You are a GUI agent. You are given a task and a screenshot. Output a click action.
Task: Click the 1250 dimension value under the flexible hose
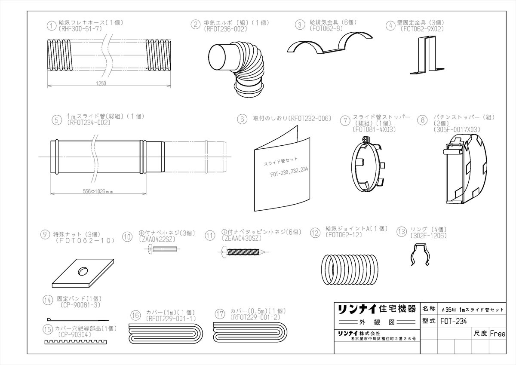(101, 83)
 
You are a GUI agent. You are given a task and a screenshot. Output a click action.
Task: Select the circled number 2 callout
(196, 24)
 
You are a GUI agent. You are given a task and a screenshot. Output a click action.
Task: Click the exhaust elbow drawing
(236, 69)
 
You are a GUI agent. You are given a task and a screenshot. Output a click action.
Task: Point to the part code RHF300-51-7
(80, 29)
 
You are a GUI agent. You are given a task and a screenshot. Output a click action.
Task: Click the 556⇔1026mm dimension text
(98, 191)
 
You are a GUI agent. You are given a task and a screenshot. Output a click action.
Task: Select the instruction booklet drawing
(282, 169)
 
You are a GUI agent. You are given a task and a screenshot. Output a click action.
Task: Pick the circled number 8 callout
(422, 120)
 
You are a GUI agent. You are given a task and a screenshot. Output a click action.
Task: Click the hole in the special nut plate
(83, 271)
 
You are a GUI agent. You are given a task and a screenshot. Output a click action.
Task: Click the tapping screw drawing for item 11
(243, 252)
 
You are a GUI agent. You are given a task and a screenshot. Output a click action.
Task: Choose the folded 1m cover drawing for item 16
(166, 333)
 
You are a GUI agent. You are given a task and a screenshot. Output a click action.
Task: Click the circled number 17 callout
(220, 314)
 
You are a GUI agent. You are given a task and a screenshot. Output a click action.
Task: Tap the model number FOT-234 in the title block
(454, 321)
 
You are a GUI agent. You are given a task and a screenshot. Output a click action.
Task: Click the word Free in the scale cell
(498, 334)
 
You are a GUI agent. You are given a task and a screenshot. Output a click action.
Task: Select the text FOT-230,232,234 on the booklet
(289, 172)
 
